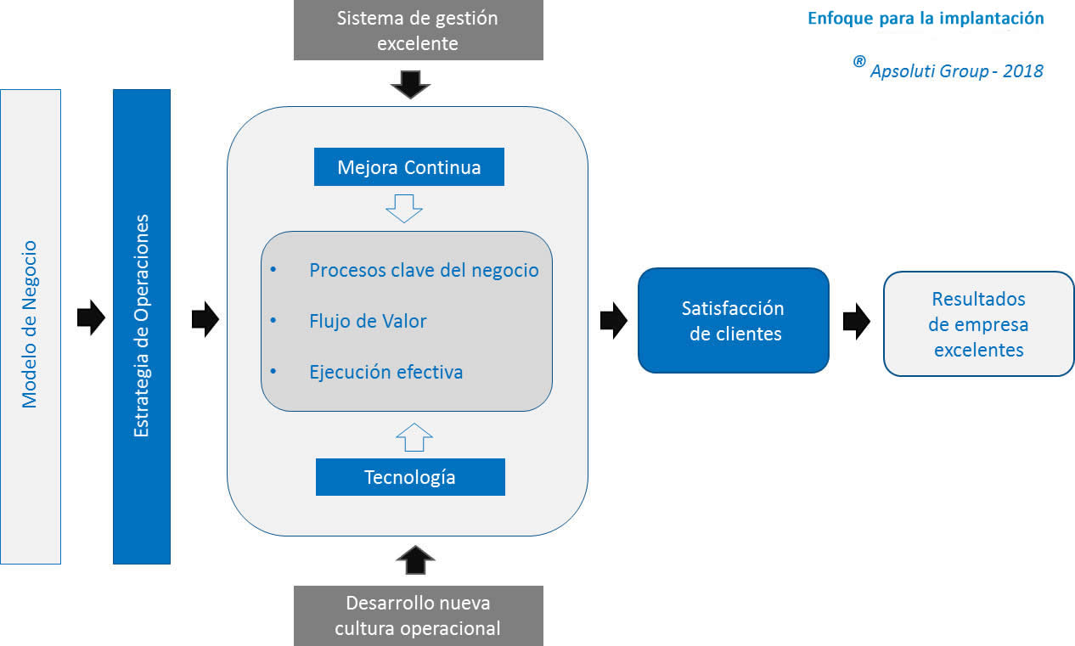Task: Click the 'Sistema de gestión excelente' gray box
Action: [418, 31]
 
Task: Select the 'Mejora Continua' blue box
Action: [409, 167]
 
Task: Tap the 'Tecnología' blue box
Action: [410, 477]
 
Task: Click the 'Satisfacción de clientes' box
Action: [734, 321]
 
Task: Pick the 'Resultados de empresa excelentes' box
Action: [978, 323]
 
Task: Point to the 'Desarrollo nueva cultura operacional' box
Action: [418, 615]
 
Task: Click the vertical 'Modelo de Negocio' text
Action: [31, 325]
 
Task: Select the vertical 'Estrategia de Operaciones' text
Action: [142, 325]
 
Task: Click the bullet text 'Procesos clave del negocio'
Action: [424, 271]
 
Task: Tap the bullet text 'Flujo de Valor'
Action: [368, 321]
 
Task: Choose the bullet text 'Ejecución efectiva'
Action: [386, 372]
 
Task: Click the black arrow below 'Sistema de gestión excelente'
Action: [410, 83]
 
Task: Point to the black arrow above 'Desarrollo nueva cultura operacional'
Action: [415, 560]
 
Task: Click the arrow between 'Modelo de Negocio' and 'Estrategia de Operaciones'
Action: [90, 318]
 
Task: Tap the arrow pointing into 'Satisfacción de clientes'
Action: [613, 320]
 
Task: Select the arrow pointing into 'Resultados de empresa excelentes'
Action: [856, 322]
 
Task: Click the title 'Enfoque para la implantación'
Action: [926, 19]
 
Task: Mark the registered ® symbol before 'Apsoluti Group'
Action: [859, 62]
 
